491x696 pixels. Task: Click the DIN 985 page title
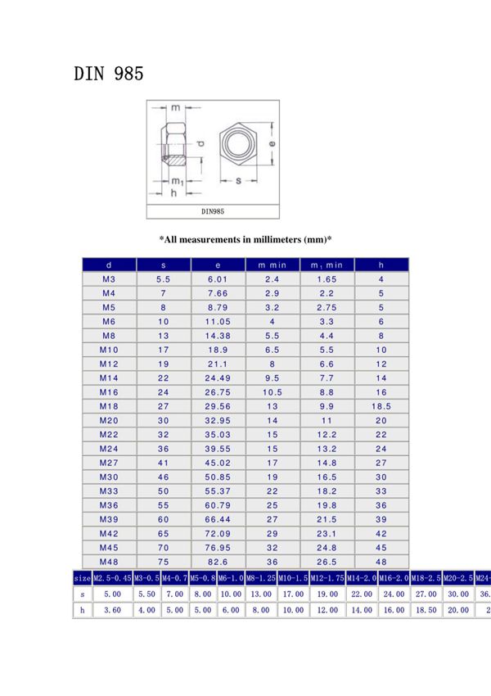(109, 74)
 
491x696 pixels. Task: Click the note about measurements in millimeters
(245, 239)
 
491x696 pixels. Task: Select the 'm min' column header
(273, 265)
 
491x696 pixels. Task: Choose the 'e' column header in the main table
(218, 265)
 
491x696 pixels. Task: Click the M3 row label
(109, 279)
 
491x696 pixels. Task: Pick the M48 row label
(109, 562)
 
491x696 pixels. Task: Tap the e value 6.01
(218, 279)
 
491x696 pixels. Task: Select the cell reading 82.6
(218, 562)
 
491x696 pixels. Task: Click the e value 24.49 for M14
(218, 378)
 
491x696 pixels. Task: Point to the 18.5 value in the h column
(381, 406)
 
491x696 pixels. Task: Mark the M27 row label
(109, 463)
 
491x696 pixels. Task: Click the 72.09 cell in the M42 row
(218, 533)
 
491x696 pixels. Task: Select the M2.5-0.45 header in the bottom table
(110, 579)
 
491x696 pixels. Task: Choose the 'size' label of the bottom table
(81, 579)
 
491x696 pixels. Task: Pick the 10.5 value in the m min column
(273, 392)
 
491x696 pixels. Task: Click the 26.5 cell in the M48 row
(327, 562)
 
